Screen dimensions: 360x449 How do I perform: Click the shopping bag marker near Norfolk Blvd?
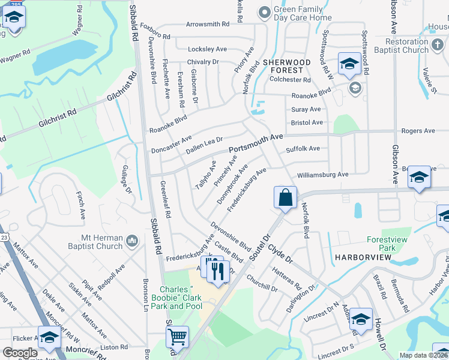point(286,197)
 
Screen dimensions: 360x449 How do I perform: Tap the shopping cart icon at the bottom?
point(178,337)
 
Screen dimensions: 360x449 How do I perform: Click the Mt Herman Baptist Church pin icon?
point(133,241)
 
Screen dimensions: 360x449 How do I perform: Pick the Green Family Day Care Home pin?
point(264,12)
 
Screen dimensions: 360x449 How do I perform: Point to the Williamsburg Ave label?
point(322,175)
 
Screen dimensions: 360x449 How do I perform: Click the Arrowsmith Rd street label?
point(208,25)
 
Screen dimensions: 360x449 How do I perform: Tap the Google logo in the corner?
point(20,353)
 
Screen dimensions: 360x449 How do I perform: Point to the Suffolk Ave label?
point(303,149)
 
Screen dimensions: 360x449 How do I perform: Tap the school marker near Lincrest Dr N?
point(361,320)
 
